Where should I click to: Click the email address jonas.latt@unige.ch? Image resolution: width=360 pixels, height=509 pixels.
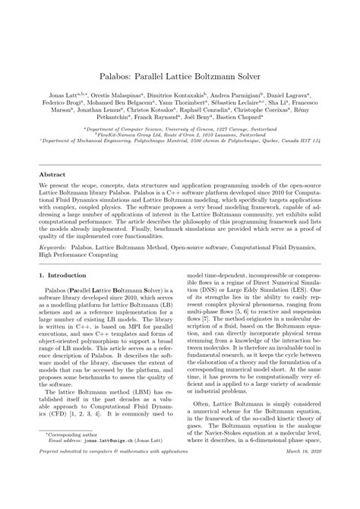[112, 462]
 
